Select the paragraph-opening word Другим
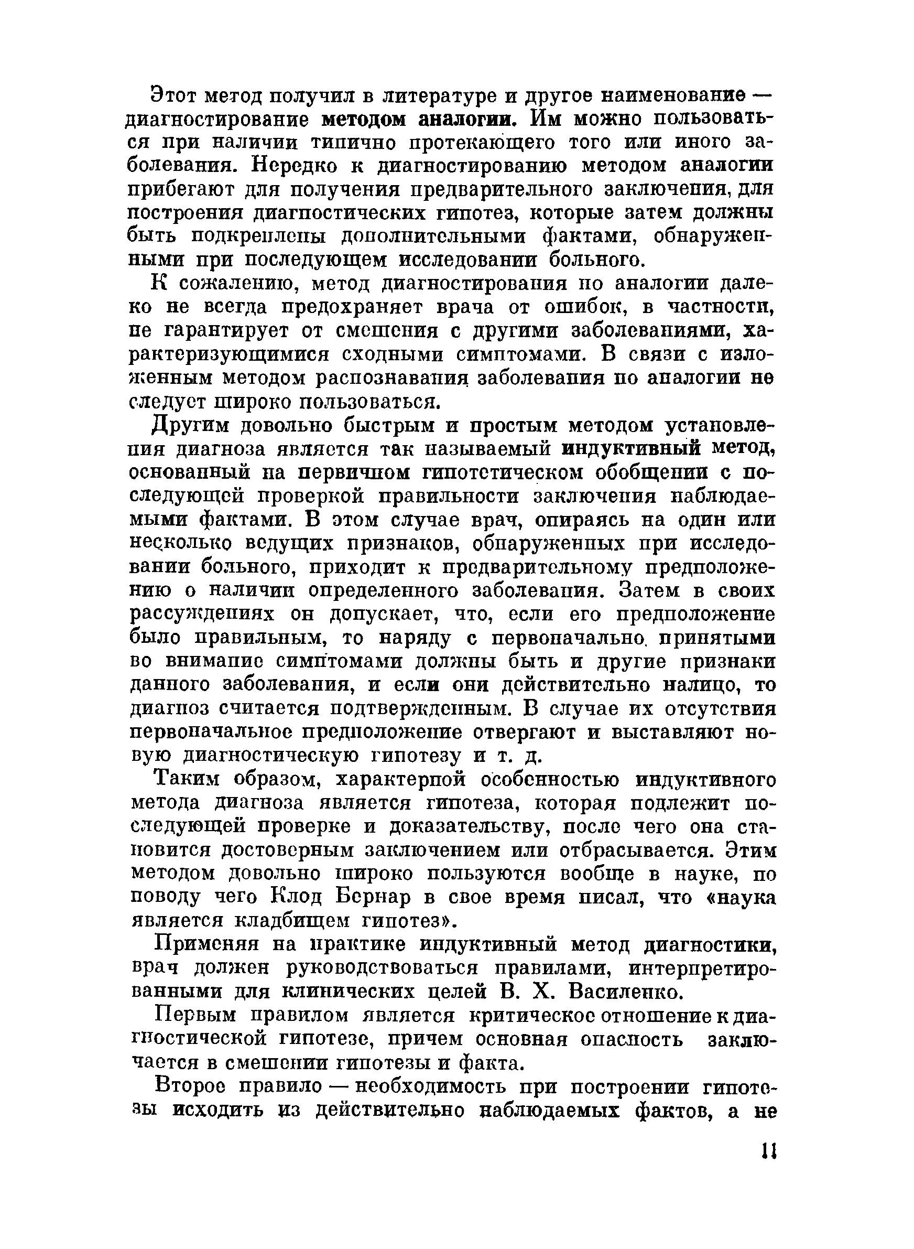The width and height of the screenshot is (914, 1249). [x=186, y=426]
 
